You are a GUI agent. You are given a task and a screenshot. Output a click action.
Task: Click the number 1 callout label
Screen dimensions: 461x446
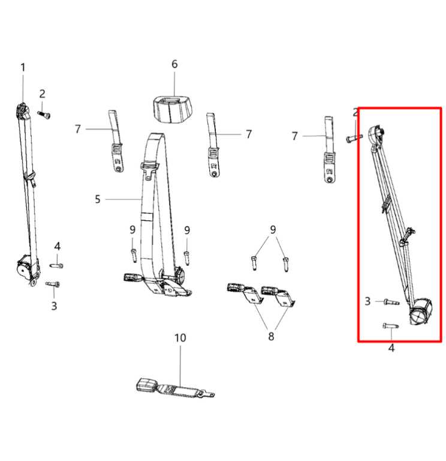[x=23, y=67]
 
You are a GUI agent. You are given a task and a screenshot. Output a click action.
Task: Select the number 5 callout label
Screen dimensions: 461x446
[x=98, y=199]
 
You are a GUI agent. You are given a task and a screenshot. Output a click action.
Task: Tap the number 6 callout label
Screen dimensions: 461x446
[x=174, y=64]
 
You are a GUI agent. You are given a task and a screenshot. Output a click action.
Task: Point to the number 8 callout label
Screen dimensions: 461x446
[x=271, y=337]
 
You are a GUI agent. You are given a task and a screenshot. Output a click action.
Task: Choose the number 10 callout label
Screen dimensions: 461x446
[x=180, y=339]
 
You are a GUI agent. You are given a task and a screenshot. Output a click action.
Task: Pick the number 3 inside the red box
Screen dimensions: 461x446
[x=367, y=301]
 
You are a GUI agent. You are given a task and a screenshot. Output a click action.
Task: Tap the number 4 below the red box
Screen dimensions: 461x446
[x=391, y=348]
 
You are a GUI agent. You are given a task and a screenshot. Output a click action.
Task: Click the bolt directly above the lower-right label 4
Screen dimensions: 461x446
[x=388, y=326]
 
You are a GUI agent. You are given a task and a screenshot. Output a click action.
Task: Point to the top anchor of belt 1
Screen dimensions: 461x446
[x=22, y=111]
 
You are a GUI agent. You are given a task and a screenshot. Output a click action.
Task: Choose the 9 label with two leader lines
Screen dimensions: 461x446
[x=273, y=229]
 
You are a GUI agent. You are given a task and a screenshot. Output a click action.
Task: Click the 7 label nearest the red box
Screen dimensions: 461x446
[x=294, y=136]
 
